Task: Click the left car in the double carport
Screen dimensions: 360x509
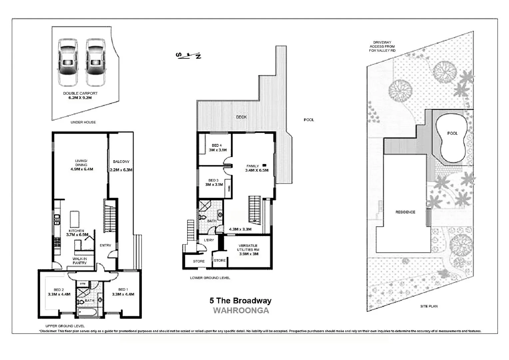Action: pyautogui.click(x=68, y=62)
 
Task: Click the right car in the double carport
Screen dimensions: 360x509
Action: pyautogui.click(x=96, y=62)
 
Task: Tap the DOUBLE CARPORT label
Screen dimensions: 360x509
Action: pyautogui.click(x=80, y=93)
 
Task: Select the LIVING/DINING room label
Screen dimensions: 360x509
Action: pyautogui.click(x=81, y=163)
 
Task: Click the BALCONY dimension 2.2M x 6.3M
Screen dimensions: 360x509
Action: pyautogui.click(x=121, y=170)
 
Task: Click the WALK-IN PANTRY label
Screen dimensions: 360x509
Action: pyautogui.click(x=80, y=261)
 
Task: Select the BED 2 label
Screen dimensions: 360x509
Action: pyautogui.click(x=59, y=290)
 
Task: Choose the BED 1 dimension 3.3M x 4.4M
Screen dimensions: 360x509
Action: pyautogui.click(x=123, y=294)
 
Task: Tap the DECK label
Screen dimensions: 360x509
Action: pyautogui.click(x=241, y=117)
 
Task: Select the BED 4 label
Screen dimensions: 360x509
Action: pyautogui.click(x=217, y=145)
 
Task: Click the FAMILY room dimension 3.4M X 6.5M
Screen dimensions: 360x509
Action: pyautogui.click(x=256, y=170)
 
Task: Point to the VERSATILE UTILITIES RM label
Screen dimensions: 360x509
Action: pyautogui.click(x=248, y=248)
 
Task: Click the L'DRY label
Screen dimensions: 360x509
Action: pyautogui.click(x=209, y=240)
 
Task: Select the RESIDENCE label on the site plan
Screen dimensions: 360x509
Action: pyautogui.click(x=405, y=212)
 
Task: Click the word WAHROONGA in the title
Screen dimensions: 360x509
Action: pyautogui.click(x=241, y=310)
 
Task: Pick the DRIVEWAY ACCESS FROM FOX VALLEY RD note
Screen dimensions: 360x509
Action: pyautogui.click(x=382, y=47)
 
